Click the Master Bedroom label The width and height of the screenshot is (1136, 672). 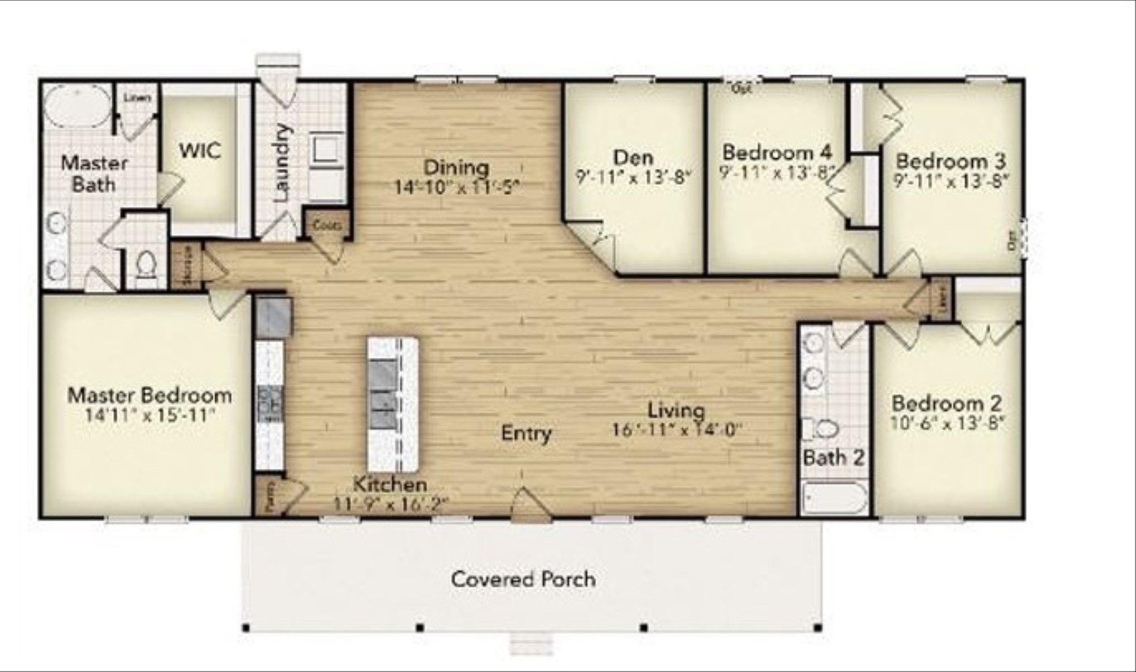tap(150, 396)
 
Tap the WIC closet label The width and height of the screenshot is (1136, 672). tap(200, 151)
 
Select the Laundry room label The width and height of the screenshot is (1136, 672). tap(282, 162)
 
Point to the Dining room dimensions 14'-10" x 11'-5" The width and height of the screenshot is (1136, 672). tap(457, 187)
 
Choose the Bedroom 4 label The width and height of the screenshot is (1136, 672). tap(777, 152)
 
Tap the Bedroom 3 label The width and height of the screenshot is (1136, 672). tap(951, 161)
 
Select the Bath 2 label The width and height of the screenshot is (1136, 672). tap(834, 458)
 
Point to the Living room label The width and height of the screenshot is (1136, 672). tap(676, 410)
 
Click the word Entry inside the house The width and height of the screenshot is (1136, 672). tap(526, 433)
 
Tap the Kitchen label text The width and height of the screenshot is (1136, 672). tap(391, 484)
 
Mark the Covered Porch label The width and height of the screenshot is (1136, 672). tap(523, 579)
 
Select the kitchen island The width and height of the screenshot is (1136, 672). tap(392, 404)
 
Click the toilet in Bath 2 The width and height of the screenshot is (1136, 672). tap(826, 429)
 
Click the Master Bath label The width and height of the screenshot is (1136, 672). tap(94, 174)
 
